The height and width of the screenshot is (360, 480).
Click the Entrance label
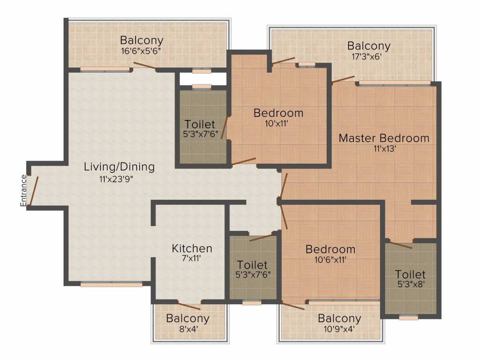pos(22,190)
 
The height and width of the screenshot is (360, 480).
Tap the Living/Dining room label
pos(119,166)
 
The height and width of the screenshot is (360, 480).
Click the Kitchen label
pos(192,248)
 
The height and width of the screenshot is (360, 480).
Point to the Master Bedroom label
pos(384,138)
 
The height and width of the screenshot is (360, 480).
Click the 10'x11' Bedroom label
pos(278,113)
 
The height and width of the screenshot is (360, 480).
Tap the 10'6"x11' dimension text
pos(330,261)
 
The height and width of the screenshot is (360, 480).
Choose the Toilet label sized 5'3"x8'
pos(410,274)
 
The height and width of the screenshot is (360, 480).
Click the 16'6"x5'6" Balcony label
pos(142,40)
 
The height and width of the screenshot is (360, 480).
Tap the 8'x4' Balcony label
pos(187,319)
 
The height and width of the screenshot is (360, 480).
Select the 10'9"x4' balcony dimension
pos(339,330)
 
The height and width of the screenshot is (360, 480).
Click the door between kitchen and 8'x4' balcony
pos(189,305)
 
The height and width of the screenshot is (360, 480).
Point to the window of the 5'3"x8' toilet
pos(409,317)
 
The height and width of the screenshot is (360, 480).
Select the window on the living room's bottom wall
pos(111,284)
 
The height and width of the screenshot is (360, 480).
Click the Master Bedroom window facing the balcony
pos(394,83)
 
